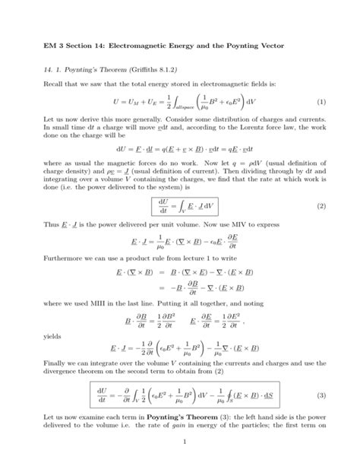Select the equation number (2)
[x=321, y=205]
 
